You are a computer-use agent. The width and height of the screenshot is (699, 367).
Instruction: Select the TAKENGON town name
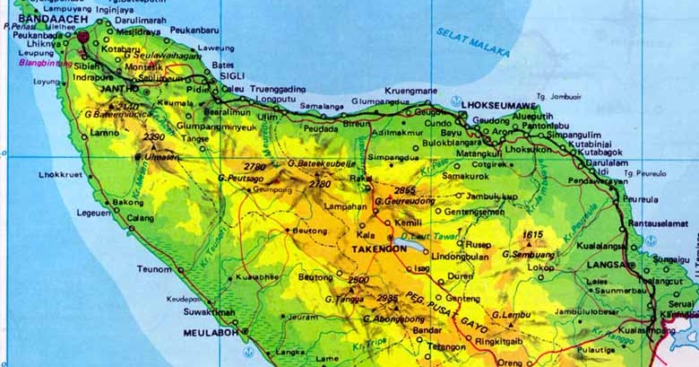point(380,249)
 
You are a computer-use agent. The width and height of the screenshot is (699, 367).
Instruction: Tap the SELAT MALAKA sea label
point(472,41)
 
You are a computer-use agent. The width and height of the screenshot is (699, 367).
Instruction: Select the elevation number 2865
point(404,190)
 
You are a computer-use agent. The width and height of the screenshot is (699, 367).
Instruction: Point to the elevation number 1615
point(533,234)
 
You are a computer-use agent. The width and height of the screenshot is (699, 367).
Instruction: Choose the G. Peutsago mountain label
point(239,179)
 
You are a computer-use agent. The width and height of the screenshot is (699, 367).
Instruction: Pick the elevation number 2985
point(387,298)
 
